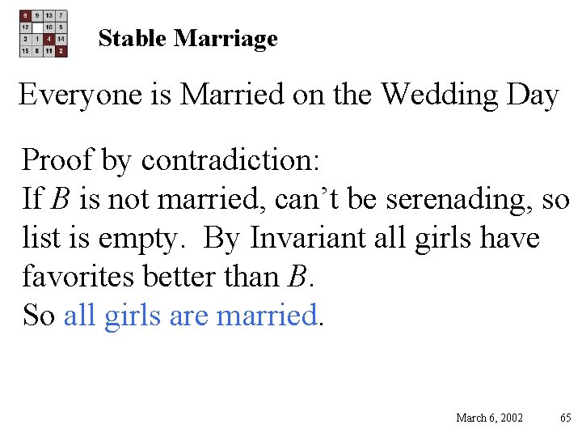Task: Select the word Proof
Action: (x=56, y=160)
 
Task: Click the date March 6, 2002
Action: (x=489, y=418)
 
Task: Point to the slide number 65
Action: (x=565, y=418)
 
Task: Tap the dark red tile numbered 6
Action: (x=26, y=15)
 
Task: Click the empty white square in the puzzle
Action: (x=38, y=27)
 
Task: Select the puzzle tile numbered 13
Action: (x=49, y=15)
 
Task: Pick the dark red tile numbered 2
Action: (x=61, y=50)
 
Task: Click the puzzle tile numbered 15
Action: (x=26, y=50)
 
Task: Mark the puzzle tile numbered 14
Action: (x=61, y=39)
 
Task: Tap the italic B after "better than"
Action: (x=296, y=277)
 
